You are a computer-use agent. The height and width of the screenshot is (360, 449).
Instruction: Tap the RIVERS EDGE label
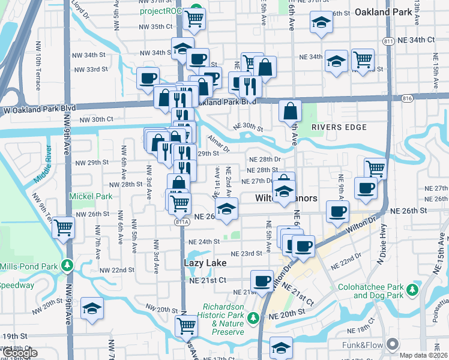(x=339, y=127)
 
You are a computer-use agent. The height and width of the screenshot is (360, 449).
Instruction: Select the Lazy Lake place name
(x=205, y=263)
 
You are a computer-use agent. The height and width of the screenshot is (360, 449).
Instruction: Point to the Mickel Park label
(x=91, y=196)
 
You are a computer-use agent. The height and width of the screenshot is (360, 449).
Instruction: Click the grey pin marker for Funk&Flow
(x=393, y=344)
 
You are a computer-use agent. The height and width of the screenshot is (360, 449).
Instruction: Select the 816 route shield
(x=408, y=97)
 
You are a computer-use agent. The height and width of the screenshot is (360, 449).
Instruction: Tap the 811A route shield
(x=183, y=222)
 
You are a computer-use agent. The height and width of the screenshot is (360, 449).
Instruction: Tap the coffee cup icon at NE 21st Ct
(x=262, y=281)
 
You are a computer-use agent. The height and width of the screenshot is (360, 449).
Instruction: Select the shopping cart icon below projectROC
(x=194, y=19)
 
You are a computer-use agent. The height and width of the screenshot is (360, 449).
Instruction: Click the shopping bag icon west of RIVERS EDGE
(x=291, y=111)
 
